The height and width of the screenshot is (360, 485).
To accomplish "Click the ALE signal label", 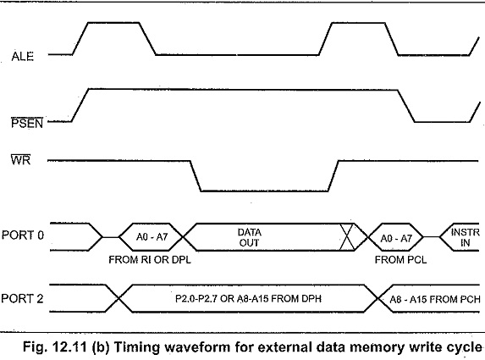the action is [23, 57].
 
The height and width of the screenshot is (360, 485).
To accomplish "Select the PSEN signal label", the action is [27, 123].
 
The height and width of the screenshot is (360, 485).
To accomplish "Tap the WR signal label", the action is [20, 160].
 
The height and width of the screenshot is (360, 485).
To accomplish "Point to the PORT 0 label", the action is [23, 235].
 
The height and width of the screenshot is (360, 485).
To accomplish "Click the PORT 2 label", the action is [22, 299].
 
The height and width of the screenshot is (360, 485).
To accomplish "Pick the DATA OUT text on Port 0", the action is [250, 237].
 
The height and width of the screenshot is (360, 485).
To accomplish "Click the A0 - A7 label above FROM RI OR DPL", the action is [152, 237].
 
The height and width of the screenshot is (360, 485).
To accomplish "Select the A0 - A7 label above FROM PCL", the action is [396, 238].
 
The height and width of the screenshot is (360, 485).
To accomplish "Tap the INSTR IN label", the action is [466, 237].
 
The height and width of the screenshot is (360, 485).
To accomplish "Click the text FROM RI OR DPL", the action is [150, 260].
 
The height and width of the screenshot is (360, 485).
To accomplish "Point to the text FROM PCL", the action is [401, 260].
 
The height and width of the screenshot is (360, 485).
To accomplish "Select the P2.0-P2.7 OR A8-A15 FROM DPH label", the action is [248, 299].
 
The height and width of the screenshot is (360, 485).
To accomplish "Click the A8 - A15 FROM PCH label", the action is [435, 299].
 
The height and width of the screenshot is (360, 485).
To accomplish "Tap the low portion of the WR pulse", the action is [264, 191].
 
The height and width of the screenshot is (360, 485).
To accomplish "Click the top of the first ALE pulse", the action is [113, 22].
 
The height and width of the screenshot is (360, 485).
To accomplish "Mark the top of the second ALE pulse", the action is [358, 23].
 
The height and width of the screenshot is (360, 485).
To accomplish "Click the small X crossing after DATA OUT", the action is [347, 237].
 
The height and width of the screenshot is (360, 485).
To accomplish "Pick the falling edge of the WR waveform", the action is [196, 176].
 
